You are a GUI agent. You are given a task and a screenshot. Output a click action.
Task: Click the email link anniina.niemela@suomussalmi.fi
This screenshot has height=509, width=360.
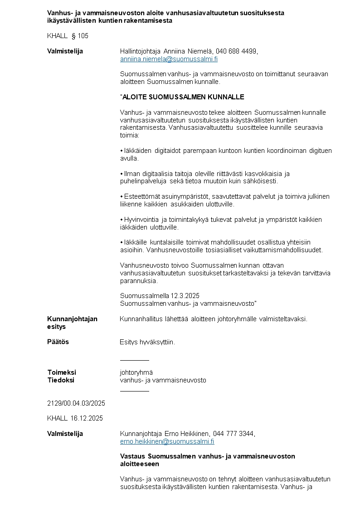coord(169,59)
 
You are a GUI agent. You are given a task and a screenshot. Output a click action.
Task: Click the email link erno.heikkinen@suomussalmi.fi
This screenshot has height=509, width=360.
coord(167,441)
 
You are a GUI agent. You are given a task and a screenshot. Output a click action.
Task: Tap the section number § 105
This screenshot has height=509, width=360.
coord(80,36)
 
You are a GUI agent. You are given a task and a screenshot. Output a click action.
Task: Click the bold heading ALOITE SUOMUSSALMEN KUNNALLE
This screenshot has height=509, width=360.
coord(183,97)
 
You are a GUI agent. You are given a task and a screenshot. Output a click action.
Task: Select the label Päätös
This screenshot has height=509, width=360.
coord(58,342)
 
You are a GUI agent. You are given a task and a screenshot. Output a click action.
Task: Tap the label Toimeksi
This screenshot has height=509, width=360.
coord(62,372)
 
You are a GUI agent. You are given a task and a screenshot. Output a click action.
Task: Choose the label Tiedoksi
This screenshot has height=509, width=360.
coord(61,380)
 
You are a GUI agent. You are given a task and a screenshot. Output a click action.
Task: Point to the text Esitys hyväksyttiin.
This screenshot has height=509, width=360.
coord(147,342)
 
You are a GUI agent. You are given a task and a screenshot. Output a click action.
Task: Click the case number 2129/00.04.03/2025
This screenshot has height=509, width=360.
coord(76,403)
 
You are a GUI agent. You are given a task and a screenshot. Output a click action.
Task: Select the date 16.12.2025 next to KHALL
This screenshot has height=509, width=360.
coord(87,418)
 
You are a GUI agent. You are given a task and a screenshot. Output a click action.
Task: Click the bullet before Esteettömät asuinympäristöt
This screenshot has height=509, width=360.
coord(122,197)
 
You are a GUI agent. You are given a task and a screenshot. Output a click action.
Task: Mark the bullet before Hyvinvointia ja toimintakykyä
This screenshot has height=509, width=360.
coord(122,220)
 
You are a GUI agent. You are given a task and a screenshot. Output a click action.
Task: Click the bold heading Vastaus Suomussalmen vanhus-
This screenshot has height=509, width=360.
coord(207,456)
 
